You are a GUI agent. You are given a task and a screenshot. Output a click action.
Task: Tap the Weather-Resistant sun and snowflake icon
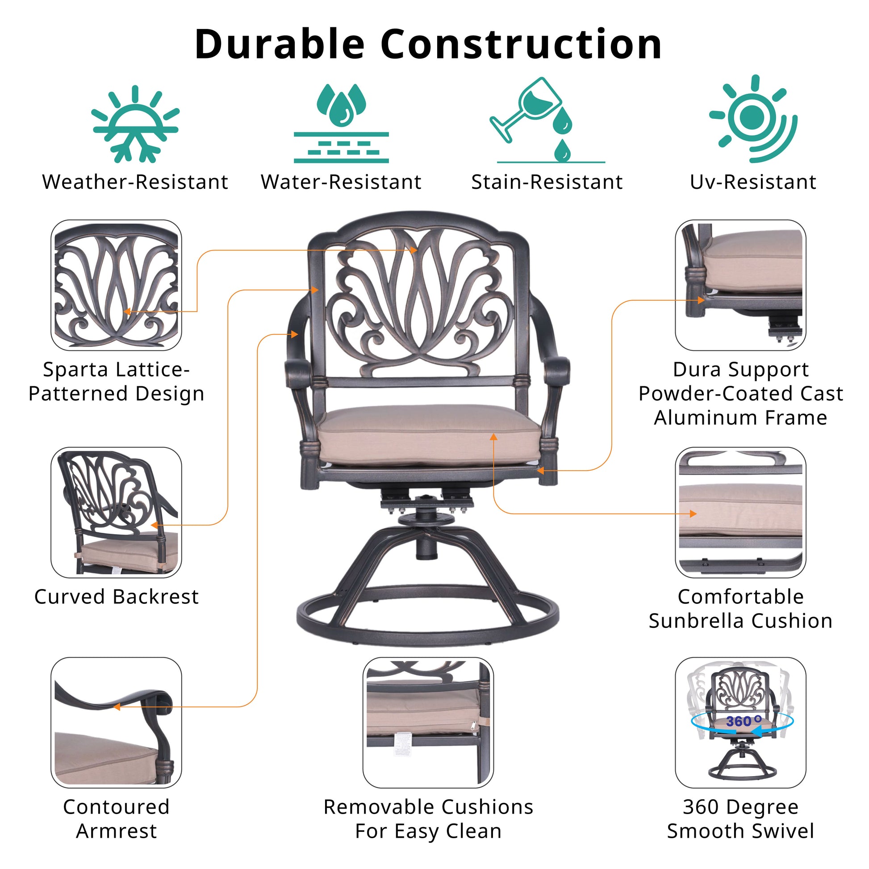(135, 124)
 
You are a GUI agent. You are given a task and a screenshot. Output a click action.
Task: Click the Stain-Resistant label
(547, 182)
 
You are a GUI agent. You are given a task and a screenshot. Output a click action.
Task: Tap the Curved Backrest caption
(116, 597)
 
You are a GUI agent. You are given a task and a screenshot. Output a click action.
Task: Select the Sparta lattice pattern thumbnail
(116, 285)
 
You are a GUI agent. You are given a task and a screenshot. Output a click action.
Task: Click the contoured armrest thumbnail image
(116, 724)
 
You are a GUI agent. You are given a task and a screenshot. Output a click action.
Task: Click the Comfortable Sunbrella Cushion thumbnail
(740, 512)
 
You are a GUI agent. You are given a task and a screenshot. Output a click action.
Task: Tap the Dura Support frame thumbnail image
(740, 285)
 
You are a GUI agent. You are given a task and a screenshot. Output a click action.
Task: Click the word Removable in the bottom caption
(368, 807)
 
